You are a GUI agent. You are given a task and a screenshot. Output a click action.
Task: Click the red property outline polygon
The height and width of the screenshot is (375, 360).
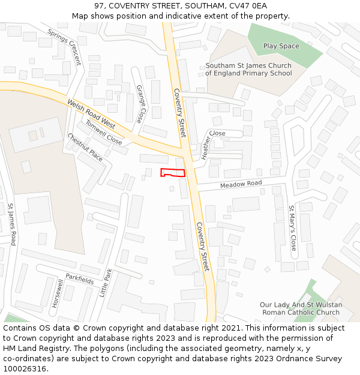click(173, 173)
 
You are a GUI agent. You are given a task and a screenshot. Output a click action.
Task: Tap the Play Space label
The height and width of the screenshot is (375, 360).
click(281, 46)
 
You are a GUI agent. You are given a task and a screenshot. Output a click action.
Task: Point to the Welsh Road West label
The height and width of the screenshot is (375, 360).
click(91, 114)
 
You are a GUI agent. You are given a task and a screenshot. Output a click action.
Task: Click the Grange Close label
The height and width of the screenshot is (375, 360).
click(140, 104)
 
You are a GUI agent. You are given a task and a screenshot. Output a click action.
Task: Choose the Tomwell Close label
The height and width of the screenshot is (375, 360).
click(103, 132)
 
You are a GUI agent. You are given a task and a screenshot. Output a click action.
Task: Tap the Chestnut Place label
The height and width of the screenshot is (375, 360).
click(85, 147)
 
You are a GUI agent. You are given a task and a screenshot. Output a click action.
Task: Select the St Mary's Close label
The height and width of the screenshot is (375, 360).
click(292, 228)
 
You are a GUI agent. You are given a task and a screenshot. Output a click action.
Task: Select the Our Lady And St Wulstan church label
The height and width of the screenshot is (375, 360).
click(301, 308)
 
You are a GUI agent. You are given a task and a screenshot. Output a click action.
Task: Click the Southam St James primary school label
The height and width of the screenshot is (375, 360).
click(248, 70)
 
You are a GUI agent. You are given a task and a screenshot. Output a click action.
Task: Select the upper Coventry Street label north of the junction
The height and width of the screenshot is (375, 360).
click(179, 112)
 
